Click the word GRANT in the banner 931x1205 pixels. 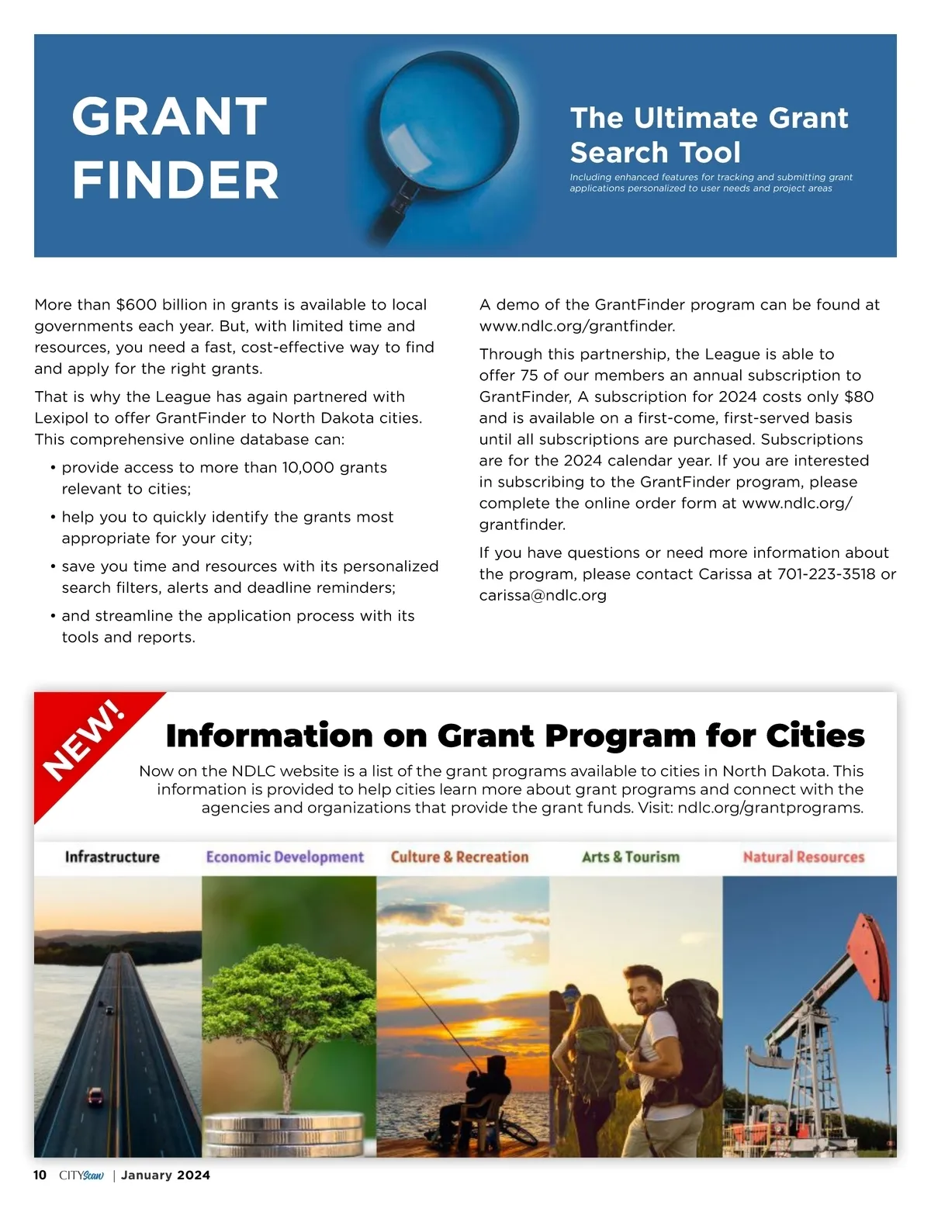tap(169, 117)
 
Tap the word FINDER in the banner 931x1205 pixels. tap(175, 180)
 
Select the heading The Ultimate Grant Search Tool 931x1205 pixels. tap(709, 135)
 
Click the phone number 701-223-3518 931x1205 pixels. tap(826, 574)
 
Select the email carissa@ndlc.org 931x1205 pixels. tap(542, 596)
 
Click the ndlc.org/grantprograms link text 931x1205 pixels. tap(770, 808)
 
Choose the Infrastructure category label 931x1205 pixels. tap(112, 857)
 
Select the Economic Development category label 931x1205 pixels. tap(285, 857)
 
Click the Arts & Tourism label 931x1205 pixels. tap(631, 857)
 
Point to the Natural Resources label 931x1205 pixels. tap(803, 857)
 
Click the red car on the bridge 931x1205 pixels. tap(95, 1096)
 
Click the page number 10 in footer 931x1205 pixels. tap(40, 1175)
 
